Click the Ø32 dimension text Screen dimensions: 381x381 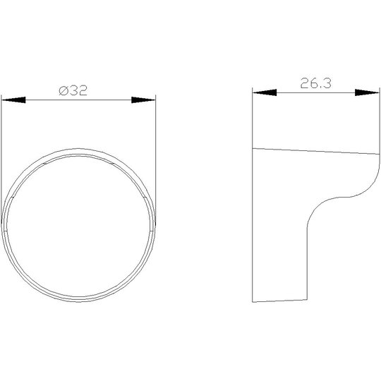pyautogui.click(x=73, y=90)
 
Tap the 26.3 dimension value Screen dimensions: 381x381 pyautogui.click(x=315, y=83)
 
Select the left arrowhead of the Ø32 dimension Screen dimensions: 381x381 pyautogui.click(x=13, y=100)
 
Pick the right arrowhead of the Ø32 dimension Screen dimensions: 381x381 pyautogui.click(x=143, y=100)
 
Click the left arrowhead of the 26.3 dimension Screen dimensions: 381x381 pyautogui.click(x=265, y=92)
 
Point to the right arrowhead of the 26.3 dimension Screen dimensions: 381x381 pyautogui.click(x=367, y=92)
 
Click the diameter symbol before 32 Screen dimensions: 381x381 pyautogui.click(x=64, y=90)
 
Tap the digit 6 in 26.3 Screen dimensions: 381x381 pyautogui.click(x=314, y=83)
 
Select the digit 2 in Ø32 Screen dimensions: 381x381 pyautogui.click(x=83, y=90)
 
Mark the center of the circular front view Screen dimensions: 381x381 pyautogui.click(x=78, y=225)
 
